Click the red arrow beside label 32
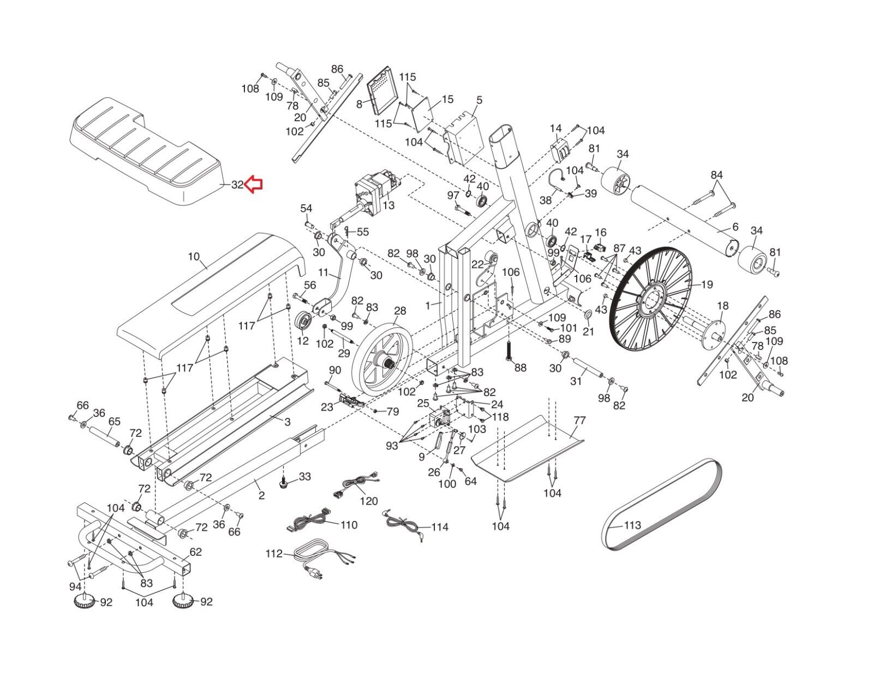click(254, 185)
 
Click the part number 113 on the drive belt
click(632, 525)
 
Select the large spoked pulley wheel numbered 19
click(651, 299)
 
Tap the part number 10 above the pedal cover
click(194, 257)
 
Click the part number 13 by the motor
click(388, 205)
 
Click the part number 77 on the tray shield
click(579, 421)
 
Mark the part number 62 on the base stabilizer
click(195, 552)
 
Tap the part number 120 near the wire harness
click(369, 501)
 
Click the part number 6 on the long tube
click(735, 227)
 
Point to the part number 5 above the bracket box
click(479, 100)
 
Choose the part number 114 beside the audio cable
click(440, 527)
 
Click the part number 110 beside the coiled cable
click(349, 525)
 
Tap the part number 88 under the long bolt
click(521, 368)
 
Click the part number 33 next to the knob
click(304, 476)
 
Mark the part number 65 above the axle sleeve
click(115, 421)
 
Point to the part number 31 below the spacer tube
click(576, 381)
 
